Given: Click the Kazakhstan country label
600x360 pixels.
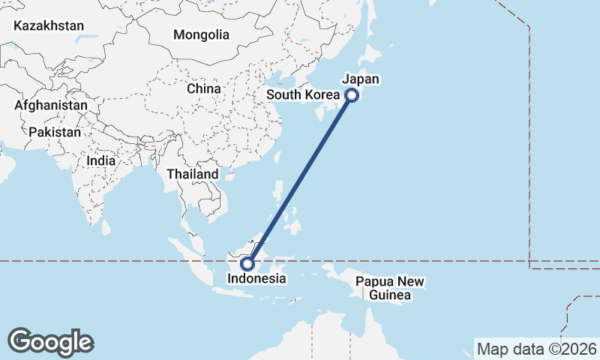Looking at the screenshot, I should pos(49,25).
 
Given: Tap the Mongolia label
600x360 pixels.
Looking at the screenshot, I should pos(201,34).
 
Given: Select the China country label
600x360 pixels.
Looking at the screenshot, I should pos(204,88).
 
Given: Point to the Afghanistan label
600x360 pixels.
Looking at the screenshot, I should pos(50,106).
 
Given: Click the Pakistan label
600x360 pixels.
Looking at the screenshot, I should pos(55,132).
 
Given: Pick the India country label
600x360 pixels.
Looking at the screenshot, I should pos(101,160).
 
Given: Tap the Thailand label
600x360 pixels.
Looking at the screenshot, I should pos(193,174).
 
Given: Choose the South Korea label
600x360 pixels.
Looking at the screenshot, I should pos(303,95).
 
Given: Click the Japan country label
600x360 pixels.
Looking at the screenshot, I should pos(361,79).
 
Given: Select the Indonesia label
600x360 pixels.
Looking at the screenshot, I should pos(257,278).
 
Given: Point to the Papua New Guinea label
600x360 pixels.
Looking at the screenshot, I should pos(390,289).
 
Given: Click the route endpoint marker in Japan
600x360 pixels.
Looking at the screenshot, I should pos(351,95).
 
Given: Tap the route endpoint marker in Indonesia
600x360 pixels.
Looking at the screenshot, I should pos(248,263).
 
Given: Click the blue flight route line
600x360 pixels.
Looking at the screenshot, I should pos(300,179).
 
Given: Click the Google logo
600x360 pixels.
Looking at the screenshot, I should pos(50,342).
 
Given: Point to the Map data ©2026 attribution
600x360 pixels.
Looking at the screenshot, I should pos(535,349).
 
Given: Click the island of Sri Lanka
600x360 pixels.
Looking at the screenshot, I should pos(106,226).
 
